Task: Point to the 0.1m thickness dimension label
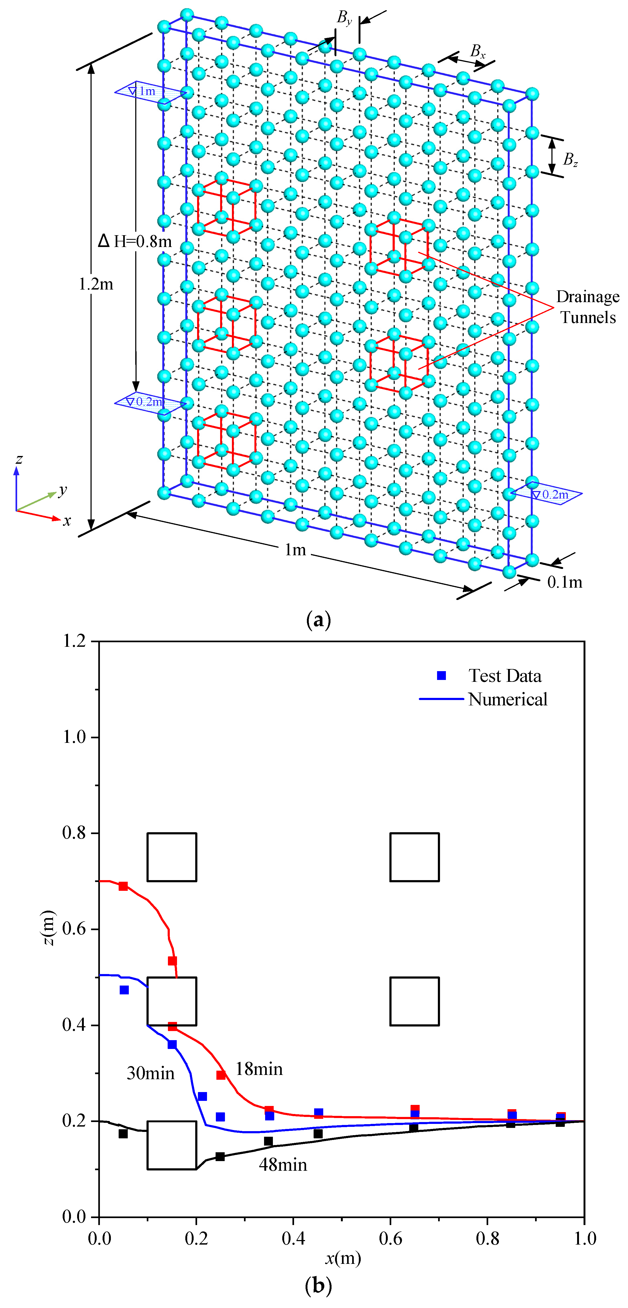565,582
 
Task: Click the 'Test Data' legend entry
505,676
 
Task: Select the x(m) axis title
343,1258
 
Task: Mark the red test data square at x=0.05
123,886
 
